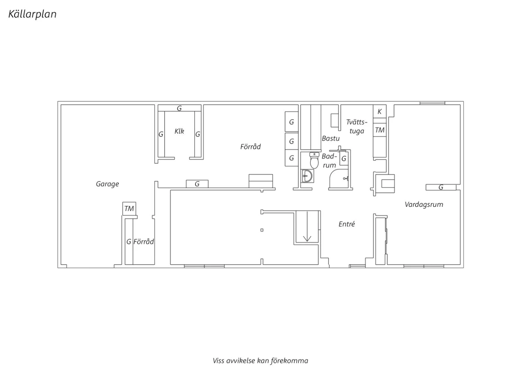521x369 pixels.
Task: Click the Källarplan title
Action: [x=32, y=14]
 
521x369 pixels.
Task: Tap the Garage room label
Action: [x=107, y=184]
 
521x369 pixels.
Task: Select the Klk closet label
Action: [x=179, y=131]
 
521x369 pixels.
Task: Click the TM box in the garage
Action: [x=129, y=209]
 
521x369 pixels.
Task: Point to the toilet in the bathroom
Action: [x=314, y=160]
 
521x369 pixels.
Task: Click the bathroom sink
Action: [x=308, y=176]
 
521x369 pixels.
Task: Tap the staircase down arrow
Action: [x=307, y=226]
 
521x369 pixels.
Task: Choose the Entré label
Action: [x=347, y=224]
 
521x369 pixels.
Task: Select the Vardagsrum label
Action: [x=424, y=205]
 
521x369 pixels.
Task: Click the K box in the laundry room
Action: [x=380, y=111]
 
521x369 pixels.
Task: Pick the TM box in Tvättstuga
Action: [x=380, y=130]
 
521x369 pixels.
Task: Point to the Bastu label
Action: [x=331, y=139]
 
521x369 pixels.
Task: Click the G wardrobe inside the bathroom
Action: [x=344, y=158]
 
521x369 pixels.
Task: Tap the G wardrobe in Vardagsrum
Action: [x=441, y=187]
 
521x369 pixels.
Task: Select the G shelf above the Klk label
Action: [x=179, y=108]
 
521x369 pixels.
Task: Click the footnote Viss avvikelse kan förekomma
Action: [x=260, y=361]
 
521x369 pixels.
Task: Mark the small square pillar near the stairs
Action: [x=262, y=230]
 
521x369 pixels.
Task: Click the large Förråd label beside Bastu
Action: [x=250, y=147]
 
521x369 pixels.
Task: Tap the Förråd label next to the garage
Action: [x=143, y=242]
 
